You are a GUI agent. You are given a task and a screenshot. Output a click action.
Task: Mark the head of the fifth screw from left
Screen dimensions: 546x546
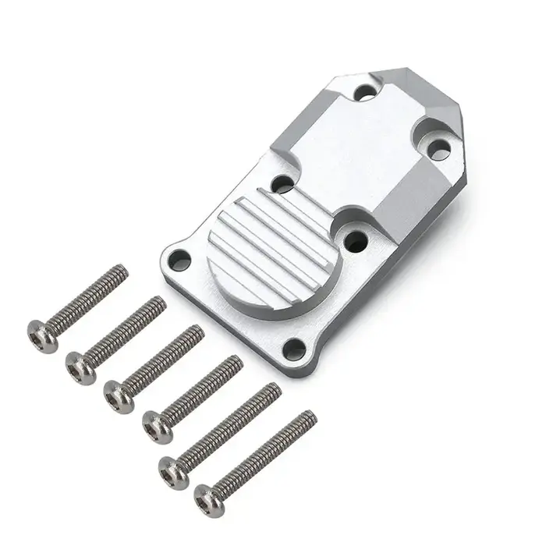tap(170, 468)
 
